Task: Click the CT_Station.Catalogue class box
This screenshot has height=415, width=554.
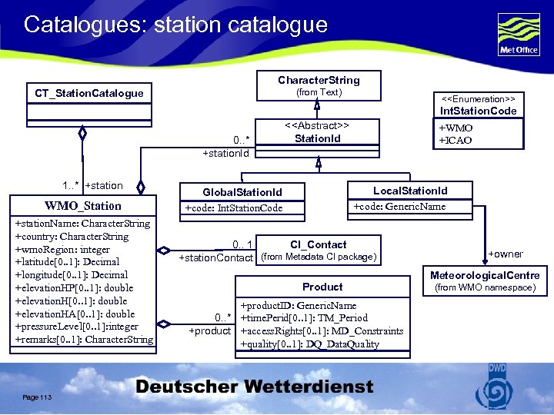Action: [x=88, y=93]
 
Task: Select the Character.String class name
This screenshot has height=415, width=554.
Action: [x=319, y=80]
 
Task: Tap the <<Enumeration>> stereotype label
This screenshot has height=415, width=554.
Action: [x=478, y=99]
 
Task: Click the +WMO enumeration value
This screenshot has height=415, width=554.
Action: [x=456, y=128]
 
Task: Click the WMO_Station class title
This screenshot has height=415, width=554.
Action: [x=82, y=206]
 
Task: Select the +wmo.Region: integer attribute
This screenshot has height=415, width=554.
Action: [x=62, y=250]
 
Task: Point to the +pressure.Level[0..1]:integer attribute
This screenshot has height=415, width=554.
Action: [x=77, y=327]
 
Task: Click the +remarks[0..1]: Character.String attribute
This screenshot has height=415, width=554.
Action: [x=84, y=340]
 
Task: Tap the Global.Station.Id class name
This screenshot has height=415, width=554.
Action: [x=242, y=192]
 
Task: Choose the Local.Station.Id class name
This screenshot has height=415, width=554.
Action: [x=410, y=191]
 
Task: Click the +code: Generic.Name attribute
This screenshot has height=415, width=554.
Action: [x=399, y=206]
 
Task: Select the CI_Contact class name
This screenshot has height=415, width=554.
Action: [x=318, y=244]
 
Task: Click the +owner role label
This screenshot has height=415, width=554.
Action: [x=506, y=254]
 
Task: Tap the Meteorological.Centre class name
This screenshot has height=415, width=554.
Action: [x=485, y=275]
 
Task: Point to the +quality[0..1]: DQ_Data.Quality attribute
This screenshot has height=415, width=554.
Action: [x=310, y=344]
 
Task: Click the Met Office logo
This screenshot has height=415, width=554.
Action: [x=518, y=35]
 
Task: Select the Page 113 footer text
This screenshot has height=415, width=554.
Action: [x=37, y=397]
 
